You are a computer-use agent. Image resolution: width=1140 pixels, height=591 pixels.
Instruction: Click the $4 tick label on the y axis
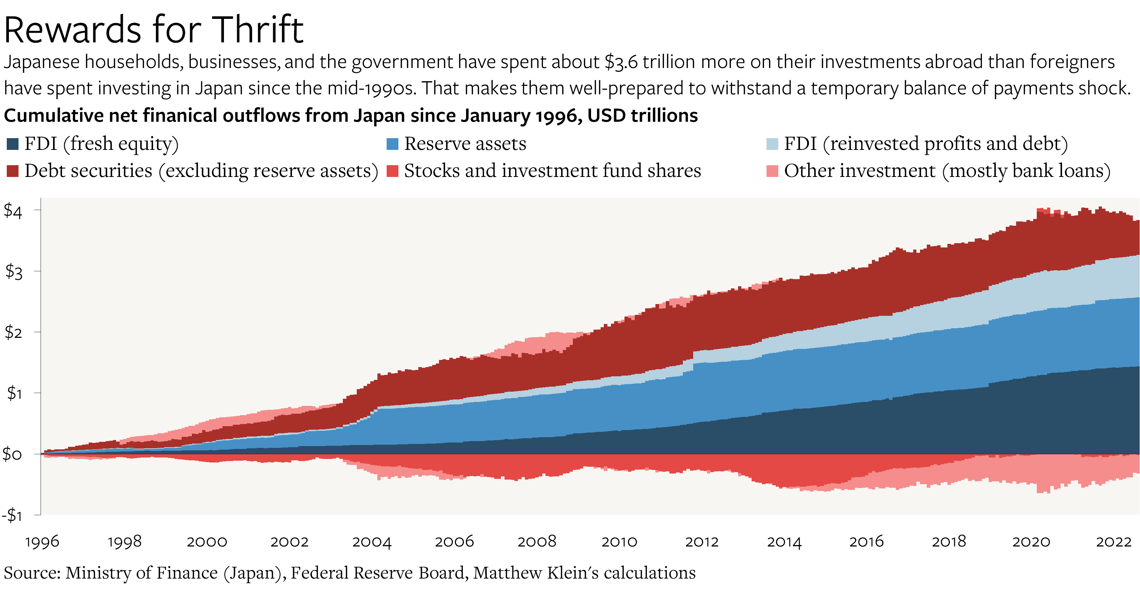13,211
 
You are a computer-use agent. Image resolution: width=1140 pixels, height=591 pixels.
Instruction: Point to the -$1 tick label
12,515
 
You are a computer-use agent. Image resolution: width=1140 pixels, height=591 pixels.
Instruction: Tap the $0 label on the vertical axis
12,454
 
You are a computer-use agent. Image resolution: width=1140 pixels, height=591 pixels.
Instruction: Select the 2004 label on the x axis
372,542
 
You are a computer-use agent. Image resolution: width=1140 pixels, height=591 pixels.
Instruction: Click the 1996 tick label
42,542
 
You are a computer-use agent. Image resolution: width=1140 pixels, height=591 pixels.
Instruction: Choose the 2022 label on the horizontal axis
1113,542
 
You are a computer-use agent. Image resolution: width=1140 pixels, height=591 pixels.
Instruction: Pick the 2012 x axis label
701,542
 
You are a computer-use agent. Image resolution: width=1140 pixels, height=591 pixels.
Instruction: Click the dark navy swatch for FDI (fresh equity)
12,144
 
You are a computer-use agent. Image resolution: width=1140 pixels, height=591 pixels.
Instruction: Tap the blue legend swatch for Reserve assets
392,144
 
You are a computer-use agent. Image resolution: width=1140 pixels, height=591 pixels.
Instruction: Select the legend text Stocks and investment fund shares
552,171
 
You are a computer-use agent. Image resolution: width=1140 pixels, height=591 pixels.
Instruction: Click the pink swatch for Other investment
772,171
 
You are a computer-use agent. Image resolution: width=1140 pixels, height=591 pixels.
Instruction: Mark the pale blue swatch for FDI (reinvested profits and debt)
772,144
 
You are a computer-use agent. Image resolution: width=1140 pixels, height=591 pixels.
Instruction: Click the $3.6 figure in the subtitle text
621,62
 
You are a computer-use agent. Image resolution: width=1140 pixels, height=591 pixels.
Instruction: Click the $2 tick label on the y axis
13,333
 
